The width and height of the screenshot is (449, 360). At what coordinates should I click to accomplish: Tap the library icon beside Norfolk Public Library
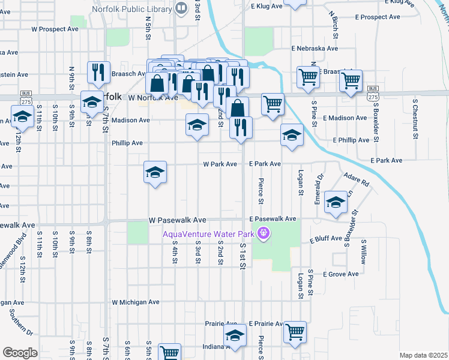click(x=181, y=8)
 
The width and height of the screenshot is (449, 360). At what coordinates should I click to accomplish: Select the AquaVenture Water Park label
click(x=208, y=233)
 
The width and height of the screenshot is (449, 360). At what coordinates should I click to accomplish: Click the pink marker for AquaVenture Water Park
click(x=262, y=233)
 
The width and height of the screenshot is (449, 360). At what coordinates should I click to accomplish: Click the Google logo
click(x=19, y=353)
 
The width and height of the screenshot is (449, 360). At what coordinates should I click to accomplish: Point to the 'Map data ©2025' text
click(x=423, y=355)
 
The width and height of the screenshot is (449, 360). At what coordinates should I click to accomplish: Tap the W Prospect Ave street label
click(x=55, y=29)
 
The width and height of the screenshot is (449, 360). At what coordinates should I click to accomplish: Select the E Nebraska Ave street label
click(x=315, y=49)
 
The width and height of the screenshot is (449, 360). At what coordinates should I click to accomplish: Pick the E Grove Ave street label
click(x=340, y=274)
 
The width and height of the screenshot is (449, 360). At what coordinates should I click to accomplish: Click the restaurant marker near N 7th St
click(x=98, y=71)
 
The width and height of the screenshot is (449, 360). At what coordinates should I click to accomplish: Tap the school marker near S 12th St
click(x=22, y=117)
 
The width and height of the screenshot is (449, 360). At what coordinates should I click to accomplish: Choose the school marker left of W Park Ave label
click(x=155, y=173)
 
